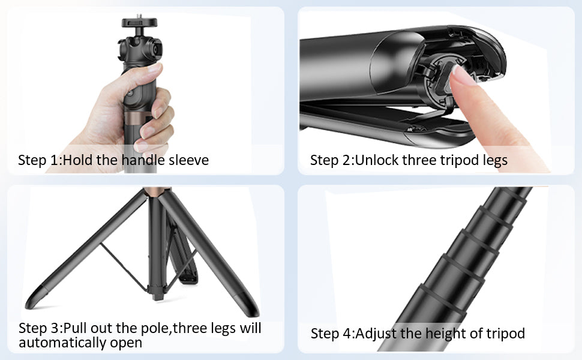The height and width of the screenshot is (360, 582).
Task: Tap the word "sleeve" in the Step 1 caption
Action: click(188, 160)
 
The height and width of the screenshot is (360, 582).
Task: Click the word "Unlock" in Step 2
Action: click(377, 160)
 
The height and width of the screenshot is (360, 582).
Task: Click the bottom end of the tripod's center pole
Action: click(157, 296)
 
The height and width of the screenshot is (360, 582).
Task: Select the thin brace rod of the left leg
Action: click(124, 267)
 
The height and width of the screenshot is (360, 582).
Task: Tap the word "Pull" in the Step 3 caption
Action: click(76, 328)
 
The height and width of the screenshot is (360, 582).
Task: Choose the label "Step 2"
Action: click(331, 160)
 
